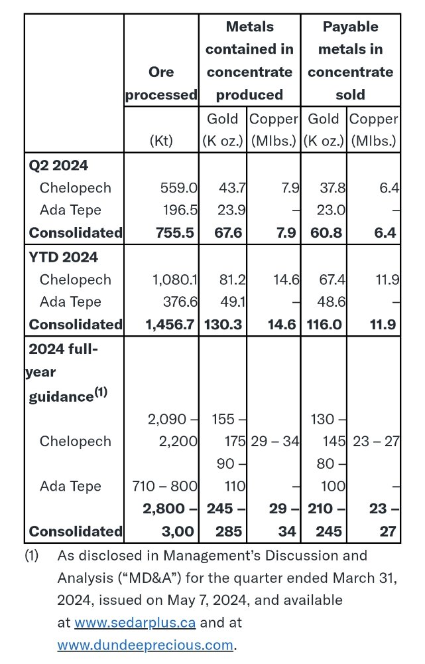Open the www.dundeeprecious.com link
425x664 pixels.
tap(145, 645)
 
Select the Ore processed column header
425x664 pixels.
tap(161, 83)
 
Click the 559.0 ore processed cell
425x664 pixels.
tap(178, 188)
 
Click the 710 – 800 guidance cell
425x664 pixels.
tap(164, 486)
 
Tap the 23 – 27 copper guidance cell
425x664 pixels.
tap(375, 441)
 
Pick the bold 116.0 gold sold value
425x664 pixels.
tap(325, 325)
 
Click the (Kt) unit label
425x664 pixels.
tap(161, 141)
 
